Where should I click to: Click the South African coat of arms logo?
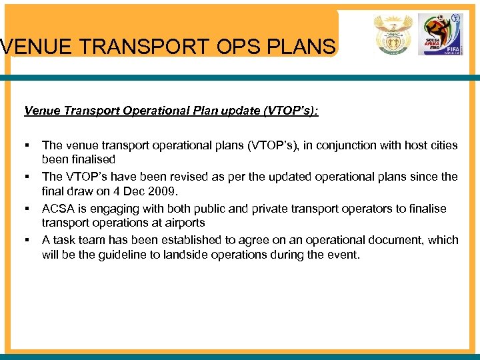pyautogui.click(x=393, y=34)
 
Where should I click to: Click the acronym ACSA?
pyautogui.click(x=58, y=209)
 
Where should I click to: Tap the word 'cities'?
pyautogui.click(x=443, y=145)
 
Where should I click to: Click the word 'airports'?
pyautogui.click(x=183, y=224)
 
